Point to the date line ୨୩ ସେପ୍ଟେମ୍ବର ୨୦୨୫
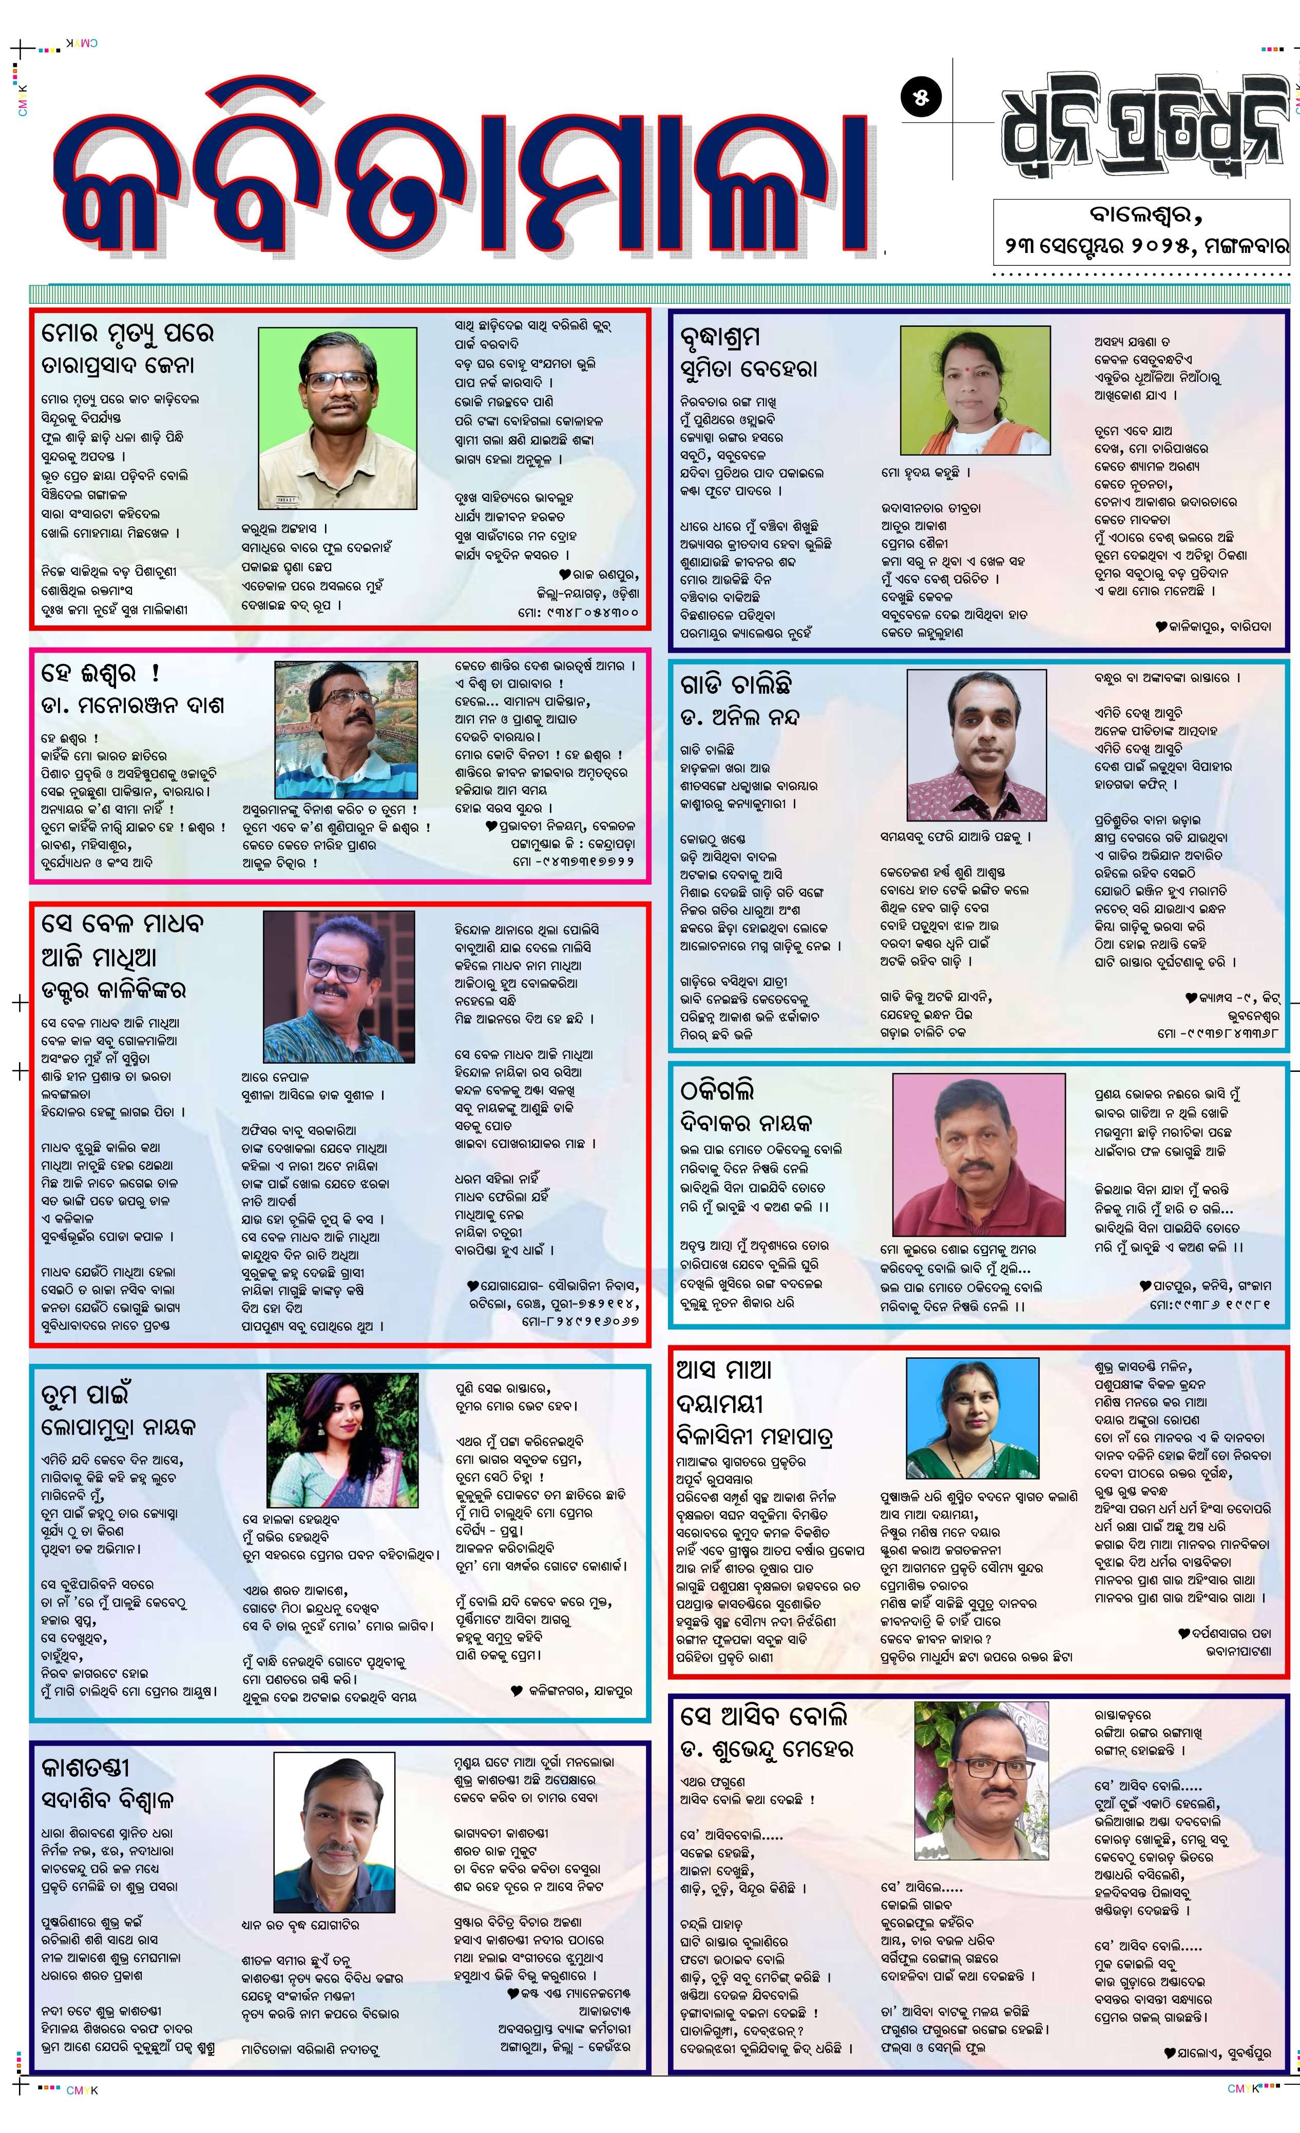pos(1141,245)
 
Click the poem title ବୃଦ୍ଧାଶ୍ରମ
pos(720,338)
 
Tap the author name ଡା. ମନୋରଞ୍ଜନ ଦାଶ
pos(132,705)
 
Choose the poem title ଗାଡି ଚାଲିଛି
pos(735,683)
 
